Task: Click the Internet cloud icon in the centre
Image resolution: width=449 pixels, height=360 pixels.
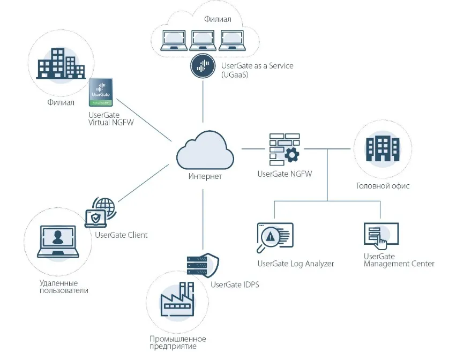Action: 205,152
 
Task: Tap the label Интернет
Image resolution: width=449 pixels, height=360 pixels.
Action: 205,177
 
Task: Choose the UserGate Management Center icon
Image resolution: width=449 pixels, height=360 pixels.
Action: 380,234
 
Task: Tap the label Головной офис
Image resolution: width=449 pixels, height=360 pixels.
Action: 383,186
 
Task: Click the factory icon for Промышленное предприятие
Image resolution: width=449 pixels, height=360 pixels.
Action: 177,303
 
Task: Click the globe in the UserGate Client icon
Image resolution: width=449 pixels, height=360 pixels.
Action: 104,207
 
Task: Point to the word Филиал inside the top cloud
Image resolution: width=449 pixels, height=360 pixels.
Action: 218,19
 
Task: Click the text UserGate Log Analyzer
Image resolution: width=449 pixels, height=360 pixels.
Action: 295,264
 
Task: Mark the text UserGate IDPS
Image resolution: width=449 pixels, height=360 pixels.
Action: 235,284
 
